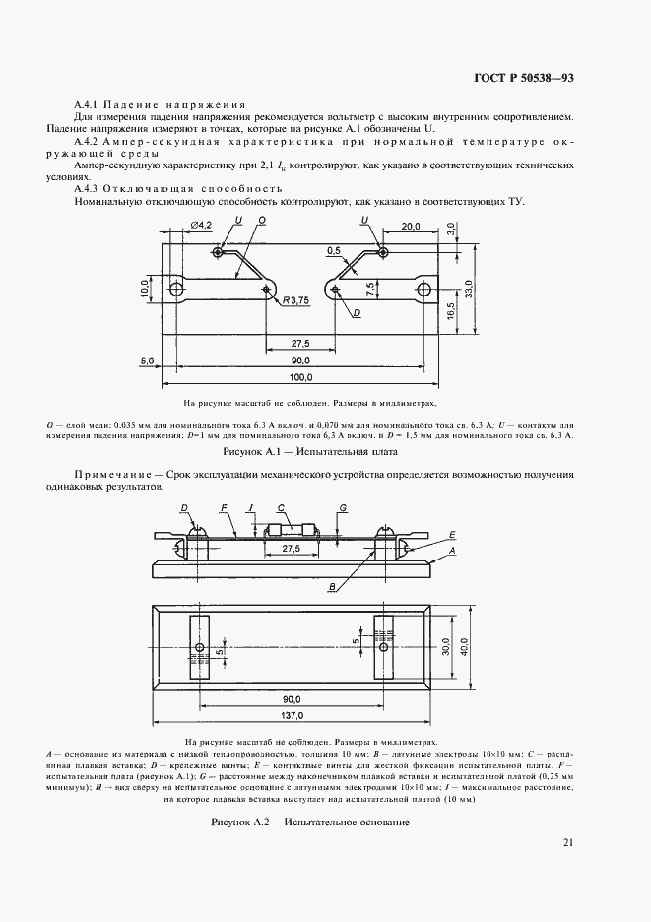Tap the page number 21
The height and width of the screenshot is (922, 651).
click(x=568, y=841)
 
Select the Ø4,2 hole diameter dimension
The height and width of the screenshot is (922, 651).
click(x=201, y=226)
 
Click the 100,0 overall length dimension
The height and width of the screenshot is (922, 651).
click(x=299, y=377)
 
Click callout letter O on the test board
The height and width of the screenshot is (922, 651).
click(x=261, y=221)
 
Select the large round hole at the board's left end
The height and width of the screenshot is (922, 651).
click(x=177, y=289)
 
